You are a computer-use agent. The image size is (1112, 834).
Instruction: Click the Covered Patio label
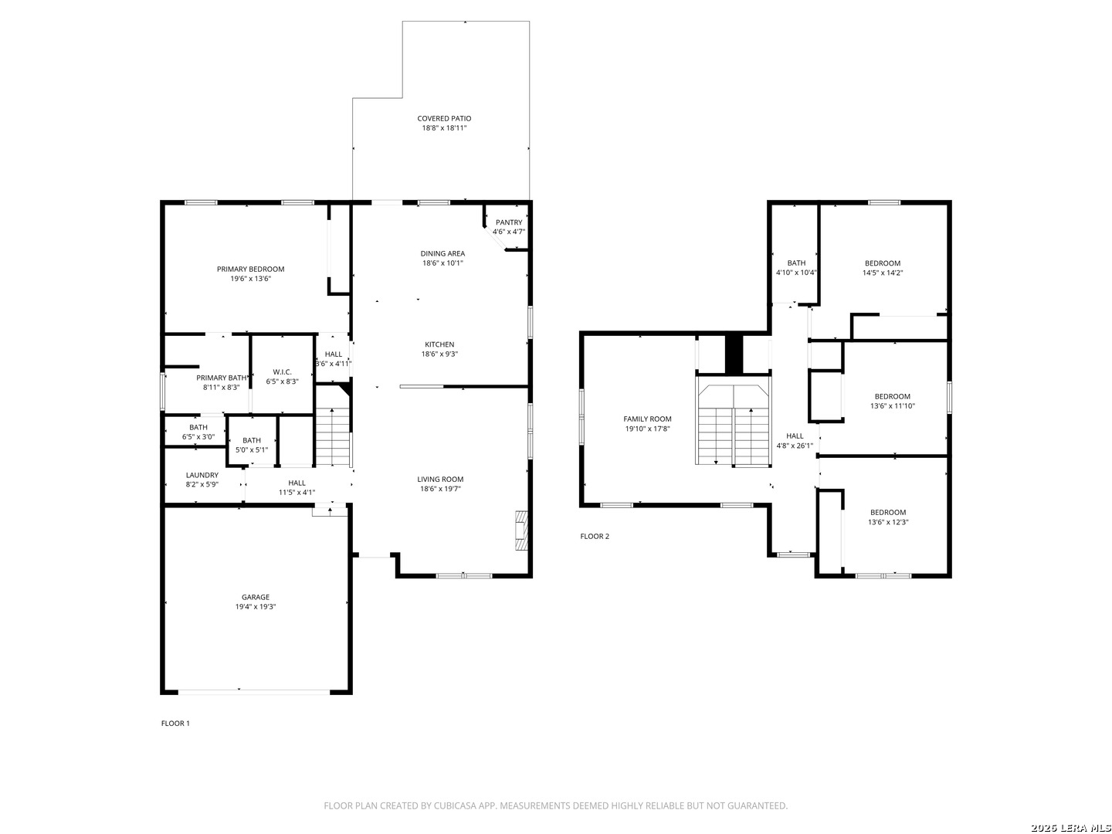(x=444, y=118)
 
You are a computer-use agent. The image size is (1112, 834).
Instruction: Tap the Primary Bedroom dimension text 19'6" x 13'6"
(x=251, y=279)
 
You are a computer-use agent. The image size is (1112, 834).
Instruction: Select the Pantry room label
(x=509, y=222)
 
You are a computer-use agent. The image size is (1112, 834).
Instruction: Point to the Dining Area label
(x=442, y=253)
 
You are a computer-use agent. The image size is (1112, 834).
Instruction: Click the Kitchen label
(x=439, y=344)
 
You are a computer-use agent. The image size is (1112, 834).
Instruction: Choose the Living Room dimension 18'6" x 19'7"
(x=440, y=489)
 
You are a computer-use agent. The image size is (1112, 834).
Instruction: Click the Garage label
(x=256, y=597)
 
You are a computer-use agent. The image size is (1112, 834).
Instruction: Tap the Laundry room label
(x=202, y=475)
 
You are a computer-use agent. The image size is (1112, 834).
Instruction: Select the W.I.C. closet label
(x=282, y=371)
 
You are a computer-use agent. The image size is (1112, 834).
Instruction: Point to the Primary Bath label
(x=222, y=378)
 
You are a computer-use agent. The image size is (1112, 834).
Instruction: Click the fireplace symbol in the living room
(x=521, y=531)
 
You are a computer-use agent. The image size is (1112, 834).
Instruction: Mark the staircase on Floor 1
(x=333, y=436)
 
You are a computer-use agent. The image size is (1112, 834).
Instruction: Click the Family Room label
(x=647, y=419)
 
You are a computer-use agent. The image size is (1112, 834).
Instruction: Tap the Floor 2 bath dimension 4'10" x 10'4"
(x=796, y=273)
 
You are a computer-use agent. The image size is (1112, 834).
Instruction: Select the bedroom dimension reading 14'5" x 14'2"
(x=883, y=273)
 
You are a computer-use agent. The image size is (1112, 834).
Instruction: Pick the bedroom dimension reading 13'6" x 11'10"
(x=892, y=405)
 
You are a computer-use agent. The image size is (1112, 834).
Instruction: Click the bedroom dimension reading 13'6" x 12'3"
(x=888, y=521)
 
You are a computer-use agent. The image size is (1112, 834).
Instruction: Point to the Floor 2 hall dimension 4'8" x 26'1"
(x=795, y=446)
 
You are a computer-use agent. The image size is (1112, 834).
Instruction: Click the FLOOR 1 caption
(x=175, y=723)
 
